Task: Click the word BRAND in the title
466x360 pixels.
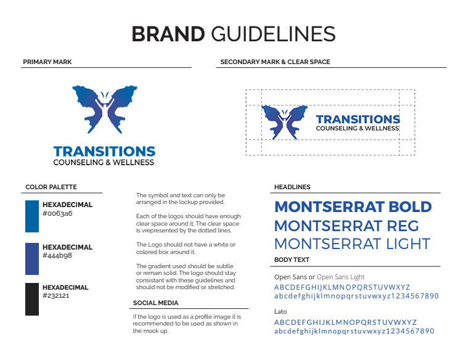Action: [168, 34]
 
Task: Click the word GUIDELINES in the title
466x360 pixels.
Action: [273, 34]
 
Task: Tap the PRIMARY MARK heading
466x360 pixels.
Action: [47, 62]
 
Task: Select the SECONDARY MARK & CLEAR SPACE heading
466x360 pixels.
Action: [275, 62]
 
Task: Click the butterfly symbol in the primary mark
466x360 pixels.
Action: [105, 109]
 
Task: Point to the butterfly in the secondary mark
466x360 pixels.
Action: [284, 122]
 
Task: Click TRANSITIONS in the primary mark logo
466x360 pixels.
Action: [104, 152]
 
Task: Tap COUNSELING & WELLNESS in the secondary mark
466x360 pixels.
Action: [358, 128]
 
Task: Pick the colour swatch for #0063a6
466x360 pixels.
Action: [32, 216]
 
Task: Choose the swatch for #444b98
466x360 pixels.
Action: [32, 259]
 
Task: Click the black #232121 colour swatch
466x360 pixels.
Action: [32, 299]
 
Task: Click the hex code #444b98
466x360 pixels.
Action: [57, 255]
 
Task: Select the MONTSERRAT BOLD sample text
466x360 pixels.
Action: [353, 207]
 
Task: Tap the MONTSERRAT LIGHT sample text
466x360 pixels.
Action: [352, 244]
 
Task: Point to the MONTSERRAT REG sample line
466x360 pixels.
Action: [346, 226]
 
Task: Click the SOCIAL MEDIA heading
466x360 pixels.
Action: [156, 303]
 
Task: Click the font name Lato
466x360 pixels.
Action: [280, 311]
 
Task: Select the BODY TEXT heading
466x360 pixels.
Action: [292, 260]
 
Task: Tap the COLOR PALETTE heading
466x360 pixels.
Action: [51, 187]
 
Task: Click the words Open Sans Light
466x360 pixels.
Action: [341, 277]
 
